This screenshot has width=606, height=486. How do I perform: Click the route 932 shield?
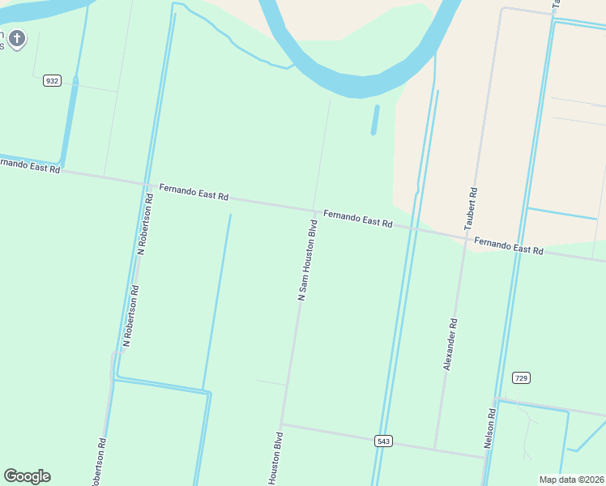click(53, 81)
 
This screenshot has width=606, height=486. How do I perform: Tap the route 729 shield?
click(522, 378)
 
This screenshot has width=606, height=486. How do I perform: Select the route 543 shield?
click(384, 441)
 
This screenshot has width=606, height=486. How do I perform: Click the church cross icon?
click(18, 38)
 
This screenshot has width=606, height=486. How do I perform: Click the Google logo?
click(27, 476)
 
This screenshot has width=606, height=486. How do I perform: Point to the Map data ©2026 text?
click(571, 480)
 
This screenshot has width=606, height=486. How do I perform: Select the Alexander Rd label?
click(451, 345)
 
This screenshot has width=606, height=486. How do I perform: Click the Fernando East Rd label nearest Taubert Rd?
click(508, 245)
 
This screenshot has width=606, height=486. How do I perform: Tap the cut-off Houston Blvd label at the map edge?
click(276, 459)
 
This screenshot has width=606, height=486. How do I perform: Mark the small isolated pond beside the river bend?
click(374, 120)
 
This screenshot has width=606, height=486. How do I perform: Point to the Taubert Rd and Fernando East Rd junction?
click(467, 236)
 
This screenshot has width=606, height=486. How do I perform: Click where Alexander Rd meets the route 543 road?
click(435, 449)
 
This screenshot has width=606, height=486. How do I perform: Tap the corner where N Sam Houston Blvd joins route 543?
click(281, 424)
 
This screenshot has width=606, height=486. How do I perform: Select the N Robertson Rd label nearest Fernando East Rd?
click(144, 224)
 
